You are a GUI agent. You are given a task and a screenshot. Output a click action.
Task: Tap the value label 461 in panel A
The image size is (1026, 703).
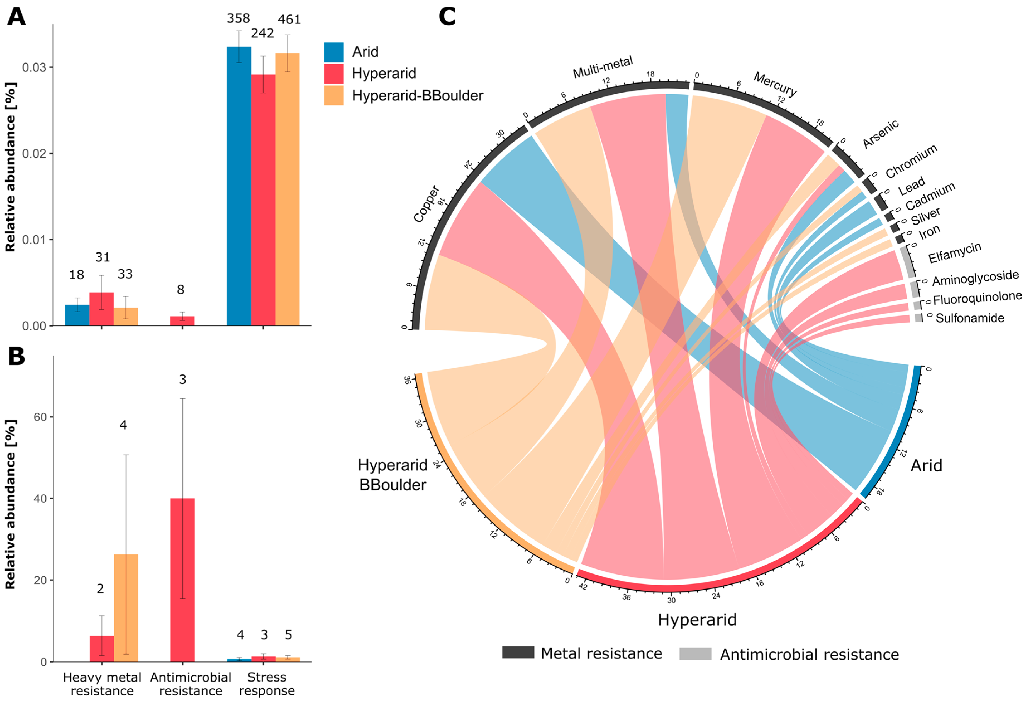(289, 20)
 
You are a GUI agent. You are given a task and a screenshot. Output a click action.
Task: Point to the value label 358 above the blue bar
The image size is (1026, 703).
(238, 19)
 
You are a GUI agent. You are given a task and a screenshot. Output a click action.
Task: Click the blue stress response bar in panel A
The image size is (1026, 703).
(239, 186)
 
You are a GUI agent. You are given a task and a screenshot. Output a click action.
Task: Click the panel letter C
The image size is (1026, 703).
(447, 17)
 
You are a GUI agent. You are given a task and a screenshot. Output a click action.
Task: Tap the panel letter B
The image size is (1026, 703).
(17, 356)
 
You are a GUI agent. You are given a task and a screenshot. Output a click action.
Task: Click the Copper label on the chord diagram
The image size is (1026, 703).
(427, 204)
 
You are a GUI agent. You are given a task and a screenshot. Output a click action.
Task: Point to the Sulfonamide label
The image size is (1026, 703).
(970, 318)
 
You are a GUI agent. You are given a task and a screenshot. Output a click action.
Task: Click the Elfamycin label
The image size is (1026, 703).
(954, 253)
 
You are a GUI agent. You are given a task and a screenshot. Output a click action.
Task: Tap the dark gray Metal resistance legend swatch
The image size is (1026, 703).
(518, 653)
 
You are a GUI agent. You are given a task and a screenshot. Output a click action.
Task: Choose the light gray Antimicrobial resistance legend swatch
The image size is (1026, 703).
(695, 654)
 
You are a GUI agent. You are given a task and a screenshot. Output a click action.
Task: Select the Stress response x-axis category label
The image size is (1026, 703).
(267, 683)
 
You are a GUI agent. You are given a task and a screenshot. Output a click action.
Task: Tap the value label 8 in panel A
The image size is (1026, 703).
(181, 290)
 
